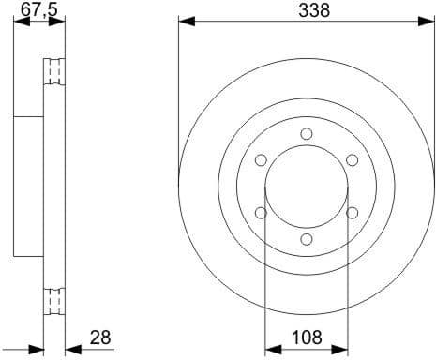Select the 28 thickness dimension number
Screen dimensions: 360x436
[x=100, y=336]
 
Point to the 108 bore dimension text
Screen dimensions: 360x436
[x=306, y=336]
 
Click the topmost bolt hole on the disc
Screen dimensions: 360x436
[x=307, y=133]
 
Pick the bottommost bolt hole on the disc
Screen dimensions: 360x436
[x=307, y=239]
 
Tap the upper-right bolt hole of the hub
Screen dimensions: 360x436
[x=353, y=159]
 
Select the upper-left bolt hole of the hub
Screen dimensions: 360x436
[x=261, y=159]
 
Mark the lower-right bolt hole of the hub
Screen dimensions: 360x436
[x=353, y=213]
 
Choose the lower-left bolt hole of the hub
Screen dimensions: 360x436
[x=261, y=213]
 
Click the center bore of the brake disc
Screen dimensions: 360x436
[x=307, y=187]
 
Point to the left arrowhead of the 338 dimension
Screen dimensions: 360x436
[x=184, y=21]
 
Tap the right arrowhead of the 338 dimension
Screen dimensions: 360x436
[x=429, y=21]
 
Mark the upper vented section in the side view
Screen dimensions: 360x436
[x=54, y=73]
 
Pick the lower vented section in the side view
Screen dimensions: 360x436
[x=54, y=302]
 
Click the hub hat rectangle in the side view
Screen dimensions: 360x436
[x=30, y=186]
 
